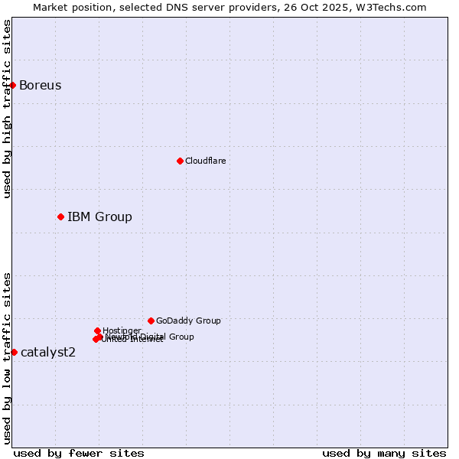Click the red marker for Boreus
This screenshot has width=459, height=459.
(13, 85)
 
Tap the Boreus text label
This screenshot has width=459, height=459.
(40, 85)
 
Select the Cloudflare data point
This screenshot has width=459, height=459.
(180, 161)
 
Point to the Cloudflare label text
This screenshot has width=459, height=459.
(205, 161)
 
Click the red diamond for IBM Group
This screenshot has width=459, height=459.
(60, 216)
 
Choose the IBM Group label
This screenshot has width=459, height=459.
(99, 216)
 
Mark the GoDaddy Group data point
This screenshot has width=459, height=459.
(151, 321)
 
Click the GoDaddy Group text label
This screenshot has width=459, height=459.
(188, 321)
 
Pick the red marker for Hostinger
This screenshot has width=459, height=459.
(97, 330)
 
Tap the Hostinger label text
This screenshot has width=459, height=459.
(122, 330)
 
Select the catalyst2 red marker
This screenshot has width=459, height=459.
(14, 352)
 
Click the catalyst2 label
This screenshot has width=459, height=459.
(48, 352)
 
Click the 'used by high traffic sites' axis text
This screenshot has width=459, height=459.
(7, 109)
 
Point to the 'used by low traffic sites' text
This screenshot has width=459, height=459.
(7, 357)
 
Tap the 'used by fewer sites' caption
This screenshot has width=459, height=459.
(79, 453)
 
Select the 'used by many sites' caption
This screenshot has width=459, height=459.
(384, 453)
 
